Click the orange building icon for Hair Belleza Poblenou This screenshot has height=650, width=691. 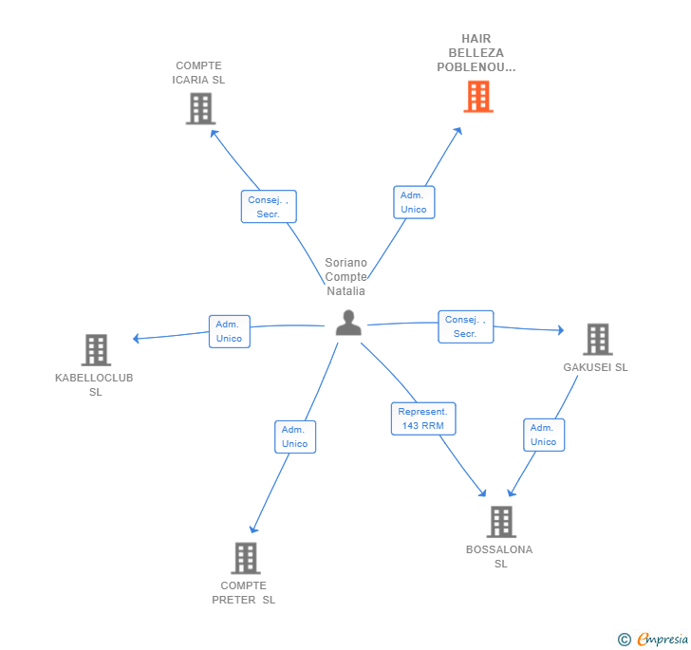pos(478,96)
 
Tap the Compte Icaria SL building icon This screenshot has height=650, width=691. pos(200,108)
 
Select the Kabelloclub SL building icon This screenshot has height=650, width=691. pos(96,350)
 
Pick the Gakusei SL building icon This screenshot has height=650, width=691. pos(597,340)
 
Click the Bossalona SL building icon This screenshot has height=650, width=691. pos(501,522)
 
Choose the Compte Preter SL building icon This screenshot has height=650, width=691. pos(245,558)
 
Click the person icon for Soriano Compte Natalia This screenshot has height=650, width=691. pos(348,323)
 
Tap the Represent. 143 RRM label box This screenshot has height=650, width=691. pos(423,418)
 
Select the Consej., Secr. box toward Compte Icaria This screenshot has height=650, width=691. pos(269,207)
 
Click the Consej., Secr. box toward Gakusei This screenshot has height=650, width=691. pos(465,326)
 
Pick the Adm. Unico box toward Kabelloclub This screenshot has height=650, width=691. pos(229,331)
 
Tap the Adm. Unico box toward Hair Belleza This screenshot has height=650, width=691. pos(413,202)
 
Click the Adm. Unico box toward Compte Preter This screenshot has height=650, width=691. pos(294,436)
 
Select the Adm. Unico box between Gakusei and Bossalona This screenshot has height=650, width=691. pos(544,435)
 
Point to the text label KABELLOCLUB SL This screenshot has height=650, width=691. pos(95,384)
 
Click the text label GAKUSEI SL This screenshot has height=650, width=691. pos(595,367)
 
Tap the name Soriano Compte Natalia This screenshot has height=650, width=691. pos(345,277)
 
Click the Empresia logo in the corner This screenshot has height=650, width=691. pos(653,640)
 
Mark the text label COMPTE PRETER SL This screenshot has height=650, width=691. pos(244,592)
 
